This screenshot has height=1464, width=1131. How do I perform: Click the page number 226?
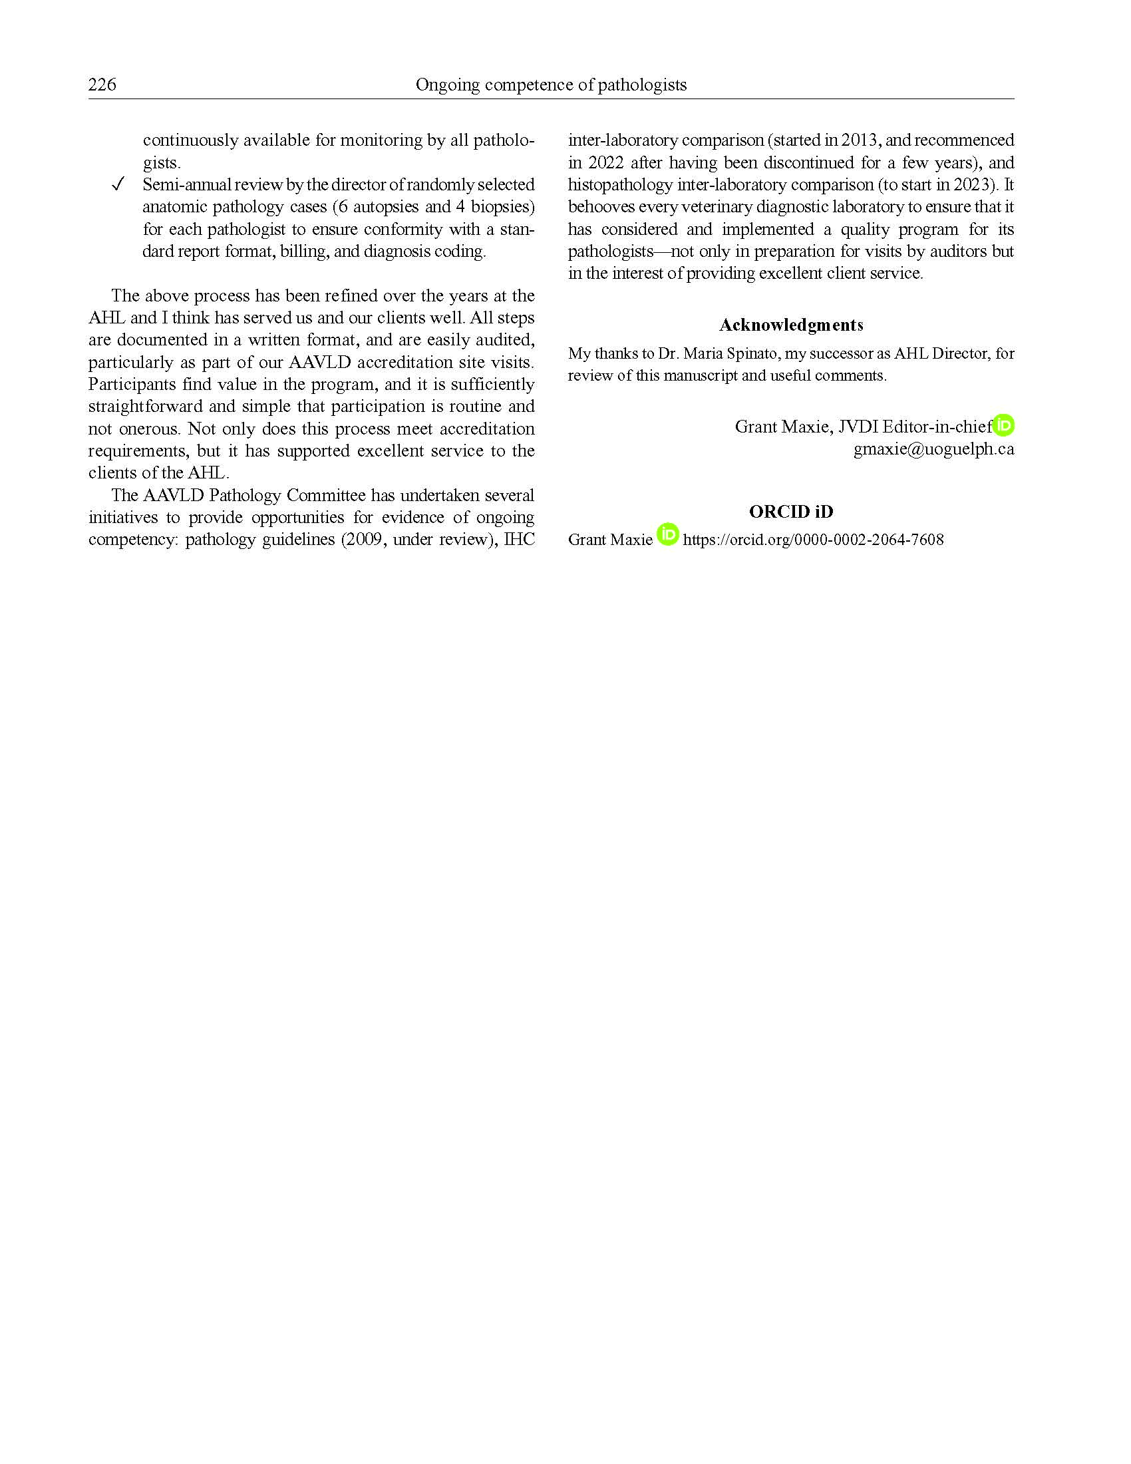[102, 85]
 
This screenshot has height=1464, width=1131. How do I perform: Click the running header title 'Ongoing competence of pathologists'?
[551, 85]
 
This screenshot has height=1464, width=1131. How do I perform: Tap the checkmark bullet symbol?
[118, 184]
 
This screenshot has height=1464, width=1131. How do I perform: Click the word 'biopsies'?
[502, 207]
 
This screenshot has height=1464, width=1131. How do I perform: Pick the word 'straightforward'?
[146, 406]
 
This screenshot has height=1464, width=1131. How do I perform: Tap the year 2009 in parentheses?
[361, 540]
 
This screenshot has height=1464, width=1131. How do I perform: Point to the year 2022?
[605, 162]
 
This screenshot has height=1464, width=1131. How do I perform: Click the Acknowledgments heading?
[790, 325]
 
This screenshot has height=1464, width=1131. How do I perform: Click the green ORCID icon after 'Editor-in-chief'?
[1003, 425]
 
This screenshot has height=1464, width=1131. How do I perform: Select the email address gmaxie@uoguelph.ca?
[933, 449]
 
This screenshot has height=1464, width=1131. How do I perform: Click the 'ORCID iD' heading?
[790, 512]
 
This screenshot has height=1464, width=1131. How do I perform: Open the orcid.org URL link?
[813, 540]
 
